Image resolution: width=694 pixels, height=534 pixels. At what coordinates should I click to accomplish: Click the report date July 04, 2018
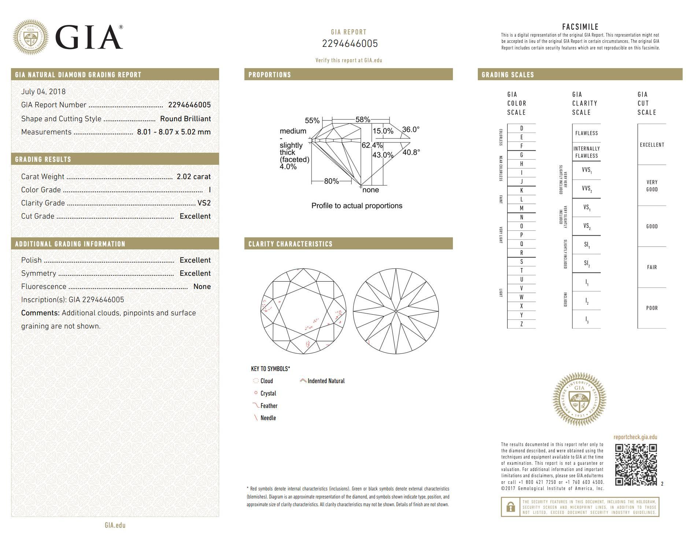tap(43, 92)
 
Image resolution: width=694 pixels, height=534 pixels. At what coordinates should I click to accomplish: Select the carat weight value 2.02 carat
tap(193, 177)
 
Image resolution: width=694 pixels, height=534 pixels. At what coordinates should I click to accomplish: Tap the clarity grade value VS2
tap(204, 203)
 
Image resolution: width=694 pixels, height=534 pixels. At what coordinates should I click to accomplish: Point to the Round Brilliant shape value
tap(185, 119)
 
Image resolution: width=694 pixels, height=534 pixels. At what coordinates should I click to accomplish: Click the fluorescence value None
tap(202, 286)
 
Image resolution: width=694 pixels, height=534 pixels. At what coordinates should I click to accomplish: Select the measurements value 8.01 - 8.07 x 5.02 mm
tap(174, 132)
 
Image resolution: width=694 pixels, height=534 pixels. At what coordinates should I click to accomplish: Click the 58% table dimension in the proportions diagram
tap(362, 120)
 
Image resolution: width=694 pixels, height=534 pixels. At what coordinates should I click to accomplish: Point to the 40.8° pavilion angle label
tap(411, 152)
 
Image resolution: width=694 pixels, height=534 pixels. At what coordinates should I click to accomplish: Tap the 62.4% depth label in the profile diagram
tap(372, 145)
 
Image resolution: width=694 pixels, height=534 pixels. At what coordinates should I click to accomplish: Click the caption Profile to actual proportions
tap(357, 206)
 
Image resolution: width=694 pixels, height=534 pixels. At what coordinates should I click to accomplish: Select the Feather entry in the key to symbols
tap(269, 406)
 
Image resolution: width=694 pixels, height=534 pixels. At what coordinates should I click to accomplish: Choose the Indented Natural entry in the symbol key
tap(326, 381)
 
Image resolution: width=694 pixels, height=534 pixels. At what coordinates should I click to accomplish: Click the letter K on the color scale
tap(521, 190)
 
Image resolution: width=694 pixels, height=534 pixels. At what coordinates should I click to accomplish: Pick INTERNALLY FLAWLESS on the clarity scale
tap(586, 152)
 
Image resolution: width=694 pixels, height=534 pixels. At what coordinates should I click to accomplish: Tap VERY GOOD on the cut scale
tap(652, 186)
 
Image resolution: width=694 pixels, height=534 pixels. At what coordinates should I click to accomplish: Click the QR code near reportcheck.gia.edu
tap(636, 464)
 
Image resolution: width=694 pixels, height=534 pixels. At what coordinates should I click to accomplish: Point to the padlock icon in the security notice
tap(510, 507)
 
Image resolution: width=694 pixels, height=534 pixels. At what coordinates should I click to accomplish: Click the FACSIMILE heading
tap(580, 27)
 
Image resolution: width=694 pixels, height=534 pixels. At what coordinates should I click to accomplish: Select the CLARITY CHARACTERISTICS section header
tap(290, 244)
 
